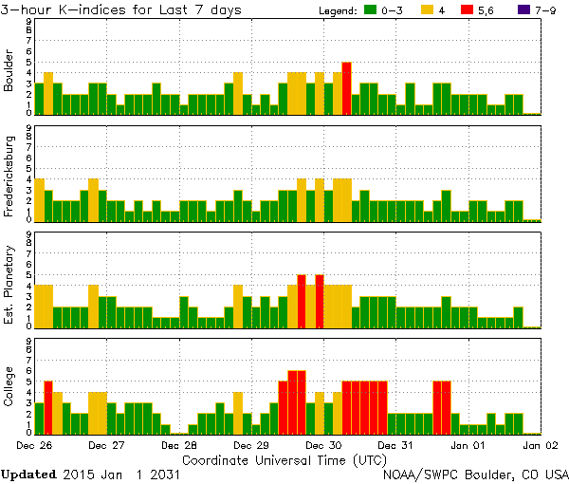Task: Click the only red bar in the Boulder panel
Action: click(347, 88)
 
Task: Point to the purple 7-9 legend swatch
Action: click(518, 10)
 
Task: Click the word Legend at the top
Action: click(338, 10)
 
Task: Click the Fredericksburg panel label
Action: click(9, 177)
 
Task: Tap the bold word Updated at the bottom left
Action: click(34, 474)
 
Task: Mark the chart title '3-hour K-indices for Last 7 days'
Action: click(121, 9)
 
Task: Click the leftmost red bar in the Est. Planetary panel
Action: click(302, 301)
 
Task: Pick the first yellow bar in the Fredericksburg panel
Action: click(39, 199)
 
